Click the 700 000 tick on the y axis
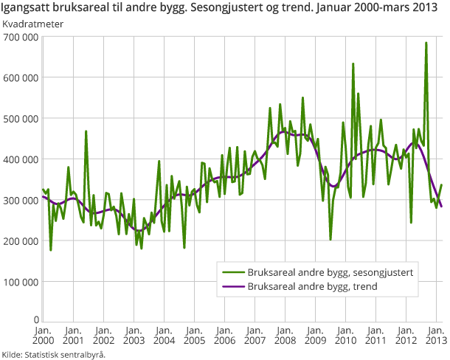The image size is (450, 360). click(21, 36)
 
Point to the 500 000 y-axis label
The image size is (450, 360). click(21, 118)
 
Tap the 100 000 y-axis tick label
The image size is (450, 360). click(21, 282)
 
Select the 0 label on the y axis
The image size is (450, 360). click(35, 323)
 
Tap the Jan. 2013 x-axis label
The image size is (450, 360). click(435, 335)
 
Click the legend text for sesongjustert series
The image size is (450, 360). click(330, 272)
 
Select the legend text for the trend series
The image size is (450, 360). click(313, 286)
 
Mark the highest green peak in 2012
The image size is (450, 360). click(426, 43)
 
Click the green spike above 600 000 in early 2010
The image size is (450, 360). click(353, 63)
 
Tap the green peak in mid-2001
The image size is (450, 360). click(86, 131)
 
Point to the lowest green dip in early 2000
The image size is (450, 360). click(50, 250)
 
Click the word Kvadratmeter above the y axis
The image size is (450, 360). click(32, 24)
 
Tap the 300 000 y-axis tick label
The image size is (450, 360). click(21, 200)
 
